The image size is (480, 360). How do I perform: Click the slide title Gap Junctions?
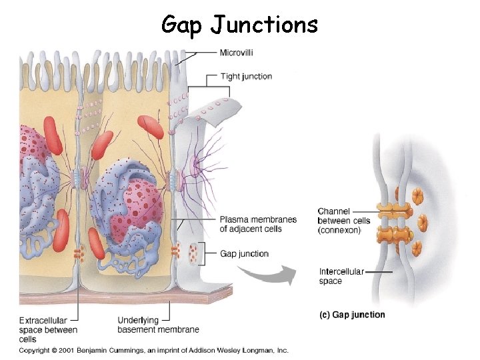[240, 25]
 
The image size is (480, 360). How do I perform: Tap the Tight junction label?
[246, 77]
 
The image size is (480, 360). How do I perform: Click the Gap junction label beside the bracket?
[244, 254]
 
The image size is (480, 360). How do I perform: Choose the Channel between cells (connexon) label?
[343, 221]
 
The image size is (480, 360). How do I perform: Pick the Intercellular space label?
[341, 276]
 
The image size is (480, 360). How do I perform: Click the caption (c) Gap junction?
[353, 315]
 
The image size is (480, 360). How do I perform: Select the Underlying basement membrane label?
[158, 325]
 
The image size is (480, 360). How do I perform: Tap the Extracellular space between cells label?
[48, 329]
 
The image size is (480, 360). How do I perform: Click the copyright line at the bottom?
[153, 350]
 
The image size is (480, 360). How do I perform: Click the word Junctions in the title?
[265, 25]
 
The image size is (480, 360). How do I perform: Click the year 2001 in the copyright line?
[65, 350]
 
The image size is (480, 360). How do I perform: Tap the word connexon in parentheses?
[339, 230]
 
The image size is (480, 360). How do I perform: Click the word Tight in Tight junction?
[229, 77]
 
